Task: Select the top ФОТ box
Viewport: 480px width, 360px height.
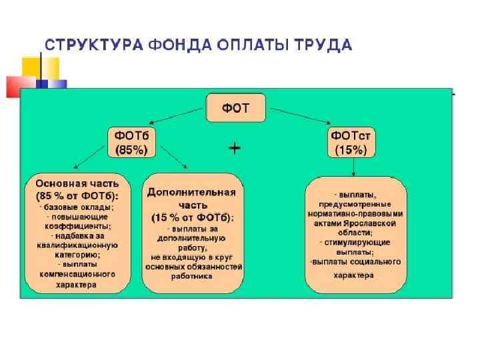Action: [235, 107]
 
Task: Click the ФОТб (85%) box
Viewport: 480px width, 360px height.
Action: [131, 143]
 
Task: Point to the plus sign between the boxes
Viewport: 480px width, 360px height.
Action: [235, 148]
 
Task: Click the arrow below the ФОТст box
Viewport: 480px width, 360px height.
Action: [350, 167]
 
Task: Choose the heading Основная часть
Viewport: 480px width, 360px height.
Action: [77, 183]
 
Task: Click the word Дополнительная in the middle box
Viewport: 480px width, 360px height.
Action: [191, 192]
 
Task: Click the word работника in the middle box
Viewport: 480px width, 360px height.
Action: [191, 275]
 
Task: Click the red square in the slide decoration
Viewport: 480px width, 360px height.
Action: [19, 85]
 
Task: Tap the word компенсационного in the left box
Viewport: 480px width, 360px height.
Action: [77, 273]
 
